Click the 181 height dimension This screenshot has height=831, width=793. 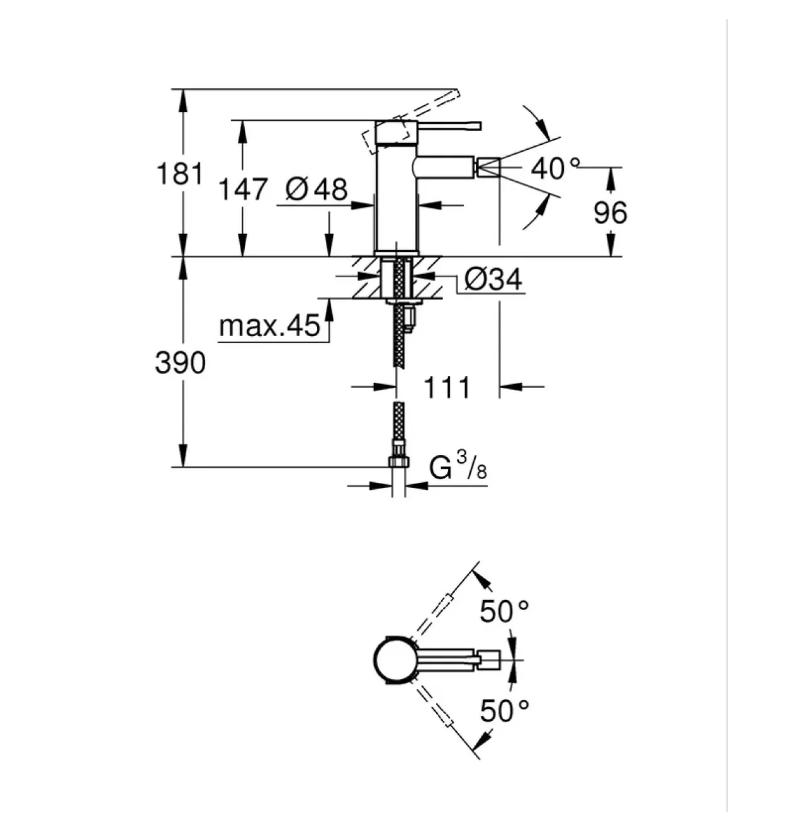click(179, 174)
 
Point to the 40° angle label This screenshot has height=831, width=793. click(555, 168)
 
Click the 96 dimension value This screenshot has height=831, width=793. click(610, 213)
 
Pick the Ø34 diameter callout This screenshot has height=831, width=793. click(493, 279)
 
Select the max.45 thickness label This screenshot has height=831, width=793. click(269, 326)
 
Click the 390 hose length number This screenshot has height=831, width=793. click(180, 362)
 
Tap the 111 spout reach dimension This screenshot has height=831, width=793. click(447, 387)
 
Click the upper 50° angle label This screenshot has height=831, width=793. click(504, 611)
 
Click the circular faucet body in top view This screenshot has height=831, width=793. click(393, 659)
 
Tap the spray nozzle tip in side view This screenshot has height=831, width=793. click(488, 168)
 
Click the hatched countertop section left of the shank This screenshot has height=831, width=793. click(367, 277)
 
